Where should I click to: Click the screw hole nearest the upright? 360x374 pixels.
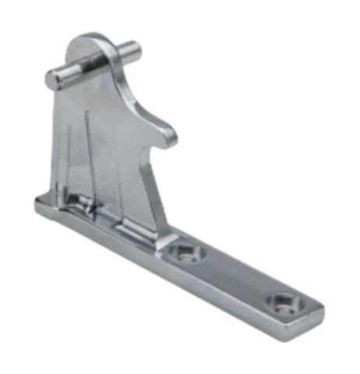184,255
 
